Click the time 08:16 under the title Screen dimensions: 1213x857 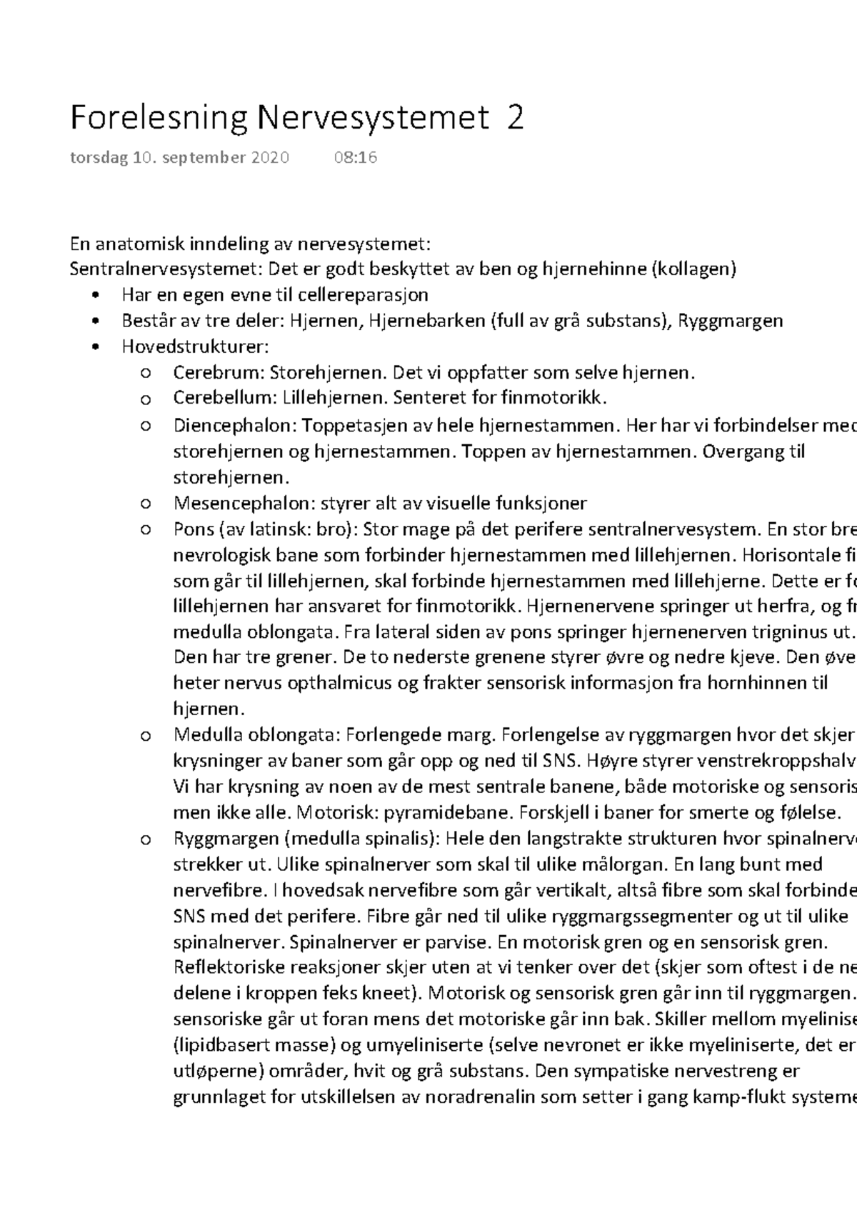(355, 158)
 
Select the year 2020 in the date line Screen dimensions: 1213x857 (269, 158)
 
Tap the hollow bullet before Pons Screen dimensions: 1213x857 (145, 529)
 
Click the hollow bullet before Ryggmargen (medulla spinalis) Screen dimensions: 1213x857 (145, 839)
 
